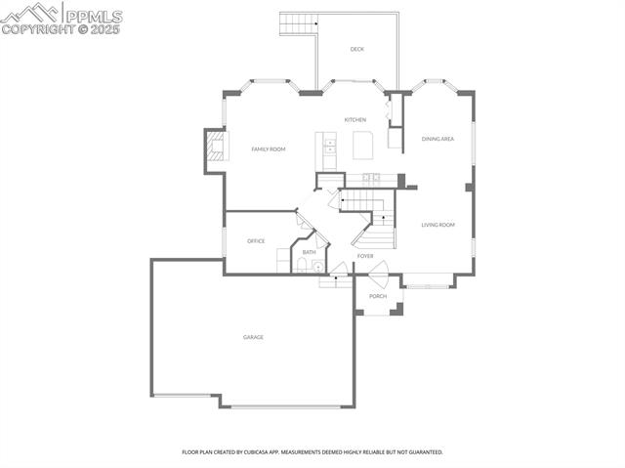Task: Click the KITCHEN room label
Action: click(354, 120)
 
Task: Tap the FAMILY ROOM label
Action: click(268, 149)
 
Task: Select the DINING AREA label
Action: click(437, 139)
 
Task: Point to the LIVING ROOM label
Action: click(437, 225)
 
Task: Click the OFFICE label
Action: click(256, 241)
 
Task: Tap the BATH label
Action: click(309, 253)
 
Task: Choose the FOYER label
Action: click(365, 256)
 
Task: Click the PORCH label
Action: click(378, 296)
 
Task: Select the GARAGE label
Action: click(253, 337)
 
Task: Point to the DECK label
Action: click(357, 49)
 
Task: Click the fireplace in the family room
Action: click(214, 149)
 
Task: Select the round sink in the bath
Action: click(316, 265)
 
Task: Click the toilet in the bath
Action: click(301, 264)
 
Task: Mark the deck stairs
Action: click(298, 22)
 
